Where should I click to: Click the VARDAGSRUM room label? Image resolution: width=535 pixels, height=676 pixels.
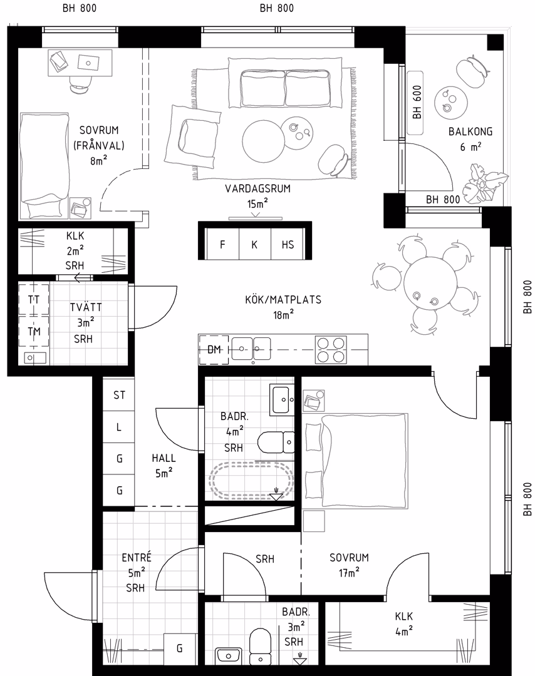click(x=257, y=189)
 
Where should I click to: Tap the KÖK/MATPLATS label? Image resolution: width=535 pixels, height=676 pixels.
click(x=283, y=300)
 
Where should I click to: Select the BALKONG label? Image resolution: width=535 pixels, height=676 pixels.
click(x=470, y=131)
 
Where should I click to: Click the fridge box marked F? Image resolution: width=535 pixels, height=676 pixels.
click(x=222, y=245)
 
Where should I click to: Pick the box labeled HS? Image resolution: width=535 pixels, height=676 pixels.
click(x=288, y=245)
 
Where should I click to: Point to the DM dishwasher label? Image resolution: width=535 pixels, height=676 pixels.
click(x=214, y=350)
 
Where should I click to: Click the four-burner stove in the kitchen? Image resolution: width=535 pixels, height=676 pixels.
click(x=331, y=350)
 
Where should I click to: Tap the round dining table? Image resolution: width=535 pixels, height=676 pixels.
click(x=430, y=284)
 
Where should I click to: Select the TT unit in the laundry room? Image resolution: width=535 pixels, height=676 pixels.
click(x=34, y=299)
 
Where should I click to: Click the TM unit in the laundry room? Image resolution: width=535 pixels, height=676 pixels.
click(x=34, y=332)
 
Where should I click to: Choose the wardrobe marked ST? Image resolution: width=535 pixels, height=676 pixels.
click(x=119, y=395)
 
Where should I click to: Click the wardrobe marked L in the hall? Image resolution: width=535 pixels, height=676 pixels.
click(x=119, y=428)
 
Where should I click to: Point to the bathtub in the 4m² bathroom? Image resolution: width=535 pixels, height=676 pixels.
click(x=251, y=481)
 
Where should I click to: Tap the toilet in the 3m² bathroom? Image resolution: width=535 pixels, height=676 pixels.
click(x=261, y=646)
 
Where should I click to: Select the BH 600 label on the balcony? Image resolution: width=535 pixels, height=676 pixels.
click(x=417, y=102)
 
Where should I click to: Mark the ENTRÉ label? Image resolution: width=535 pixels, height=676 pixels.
click(x=137, y=558)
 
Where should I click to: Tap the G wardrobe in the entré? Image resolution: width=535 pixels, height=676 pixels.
click(x=180, y=648)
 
